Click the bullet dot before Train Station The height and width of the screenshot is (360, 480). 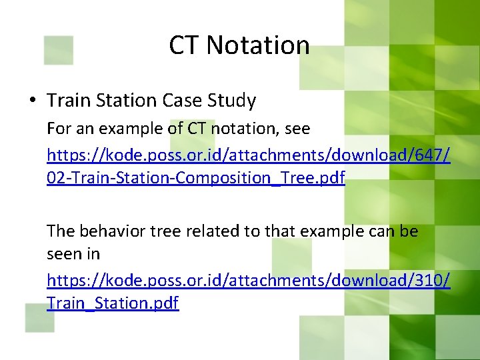33,101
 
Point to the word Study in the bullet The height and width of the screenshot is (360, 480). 231,101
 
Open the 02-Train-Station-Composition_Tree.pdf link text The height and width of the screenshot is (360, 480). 195,178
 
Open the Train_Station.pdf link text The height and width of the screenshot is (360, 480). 113,303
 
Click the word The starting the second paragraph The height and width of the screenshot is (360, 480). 61,231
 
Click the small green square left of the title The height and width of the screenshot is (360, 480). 58,50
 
